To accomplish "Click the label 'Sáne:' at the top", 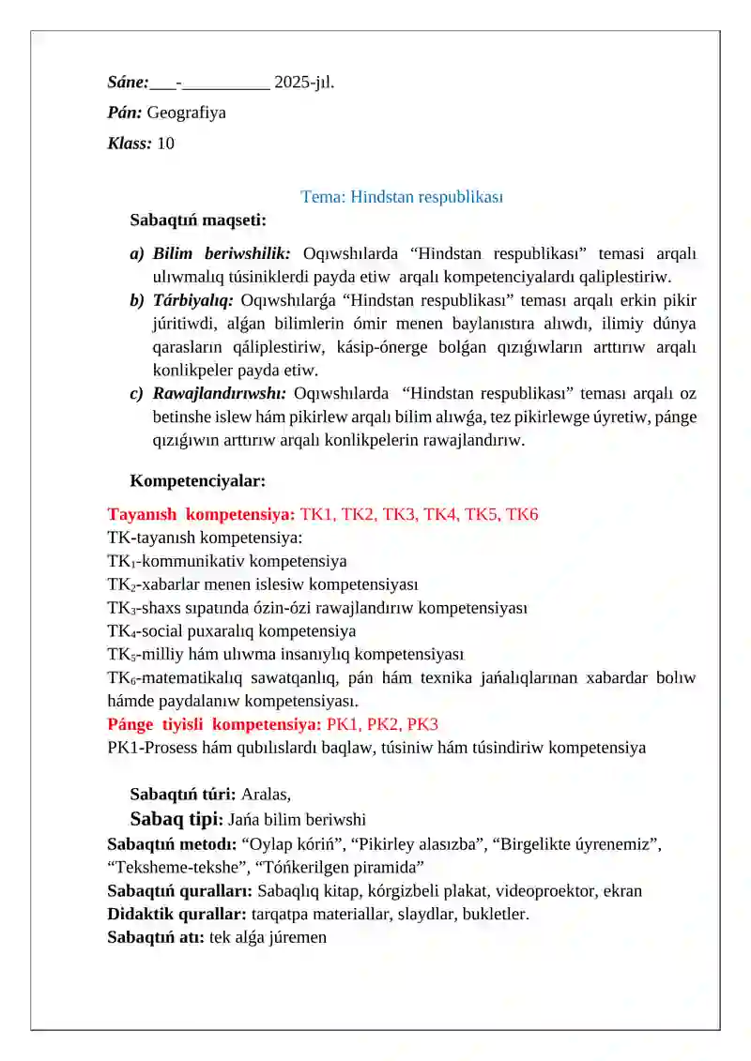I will (x=128, y=83).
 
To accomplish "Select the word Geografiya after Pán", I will (x=186, y=113).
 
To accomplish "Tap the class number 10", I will (x=165, y=144).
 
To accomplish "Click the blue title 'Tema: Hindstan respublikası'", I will (x=402, y=197).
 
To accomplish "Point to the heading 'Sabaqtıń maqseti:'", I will (x=198, y=221).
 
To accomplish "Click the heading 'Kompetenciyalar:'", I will (x=198, y=481).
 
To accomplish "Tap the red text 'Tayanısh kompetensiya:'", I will (x=201, y=514).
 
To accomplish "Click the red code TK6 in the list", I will (x=522, y=514).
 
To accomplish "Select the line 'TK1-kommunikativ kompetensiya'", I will (x=226, y=561).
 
